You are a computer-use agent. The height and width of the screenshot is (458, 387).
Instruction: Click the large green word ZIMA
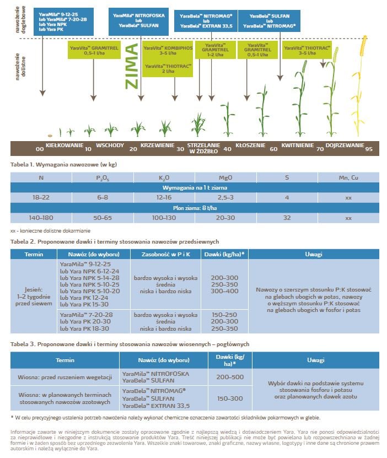[131, 69]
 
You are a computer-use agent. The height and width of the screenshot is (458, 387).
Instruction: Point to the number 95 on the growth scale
[368, 149]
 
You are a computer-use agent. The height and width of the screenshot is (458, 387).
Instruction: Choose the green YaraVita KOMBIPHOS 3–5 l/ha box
[163, 51]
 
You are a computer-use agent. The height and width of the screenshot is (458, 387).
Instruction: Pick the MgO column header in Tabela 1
[225, 177]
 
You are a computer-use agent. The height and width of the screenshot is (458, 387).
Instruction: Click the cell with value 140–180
[41, 218]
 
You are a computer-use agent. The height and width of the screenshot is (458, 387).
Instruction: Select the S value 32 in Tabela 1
[287, 218]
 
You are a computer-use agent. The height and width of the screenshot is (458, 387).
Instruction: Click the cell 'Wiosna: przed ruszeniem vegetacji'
[65, 377]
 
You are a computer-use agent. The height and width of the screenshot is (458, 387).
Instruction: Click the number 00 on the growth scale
[39, 149]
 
